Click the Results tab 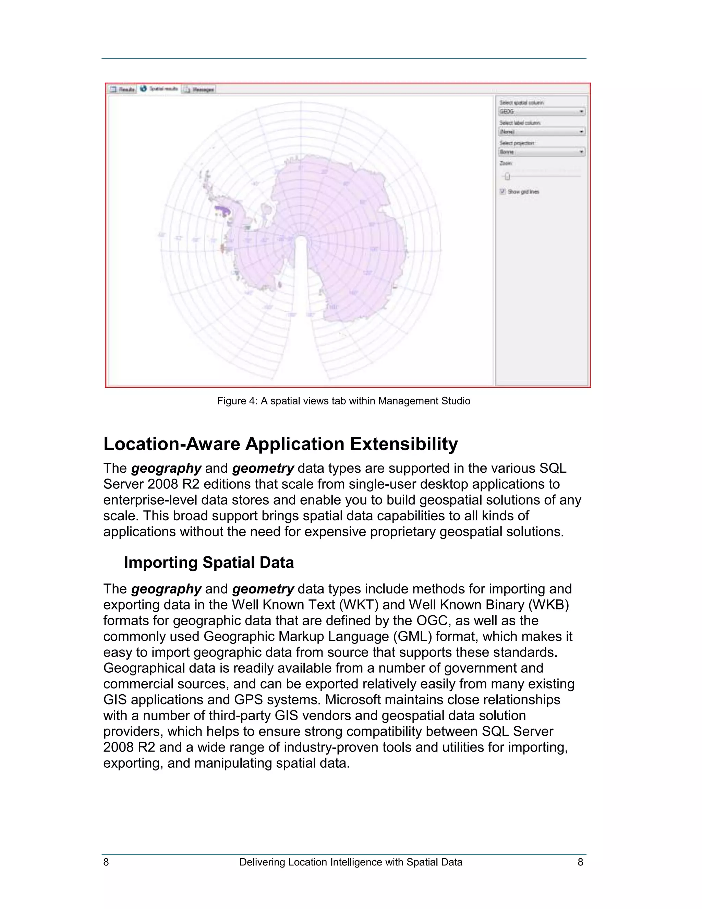123,89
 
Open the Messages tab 199,89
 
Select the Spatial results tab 160,88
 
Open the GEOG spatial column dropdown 542,111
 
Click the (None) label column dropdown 542,131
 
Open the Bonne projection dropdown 542,152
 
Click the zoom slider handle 507,176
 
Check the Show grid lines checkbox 503,191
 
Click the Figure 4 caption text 343,401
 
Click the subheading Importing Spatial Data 209,562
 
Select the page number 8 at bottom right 580,862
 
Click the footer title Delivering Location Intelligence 351,862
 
